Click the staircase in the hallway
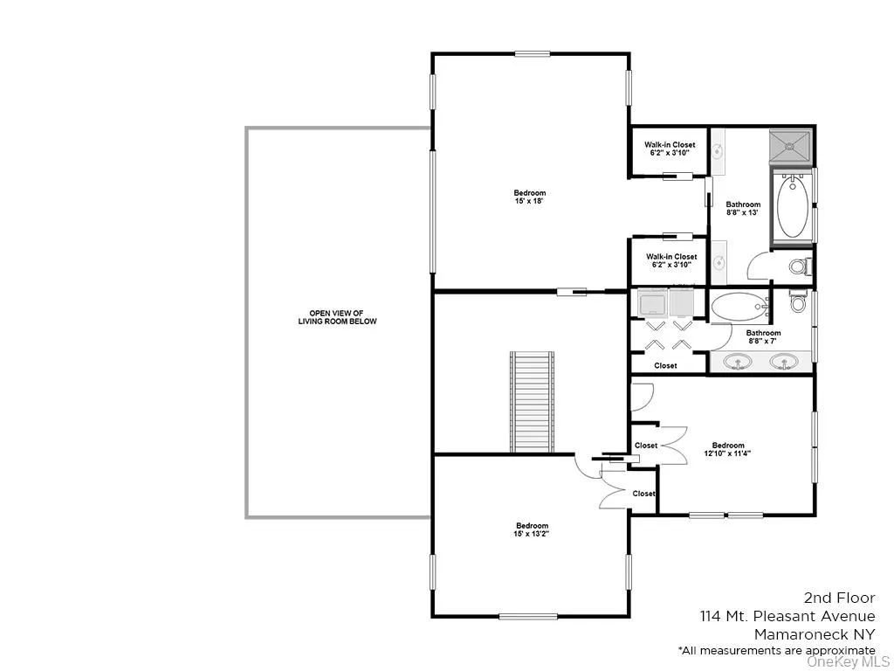tap(533, 402)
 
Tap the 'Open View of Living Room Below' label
tap(335, 317)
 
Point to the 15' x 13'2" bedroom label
tap(531, 529)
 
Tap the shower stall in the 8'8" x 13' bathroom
tap(790, 147)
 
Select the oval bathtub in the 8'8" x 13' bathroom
tap(792, 206)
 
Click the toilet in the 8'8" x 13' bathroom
tap(799, 266)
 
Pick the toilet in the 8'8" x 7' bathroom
tap(798, 302)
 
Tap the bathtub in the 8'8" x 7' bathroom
tap(738, 307)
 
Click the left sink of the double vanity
tap(739, 361)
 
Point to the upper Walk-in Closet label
tap(670, 149)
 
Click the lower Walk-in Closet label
tap(670, 260)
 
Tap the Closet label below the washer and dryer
tap(665, 366)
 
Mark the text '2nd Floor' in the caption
tap(839, 598)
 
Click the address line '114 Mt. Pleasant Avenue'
tap(787, 617)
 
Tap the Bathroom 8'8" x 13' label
tap(743, 208)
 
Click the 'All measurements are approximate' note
tap(776, 650)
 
